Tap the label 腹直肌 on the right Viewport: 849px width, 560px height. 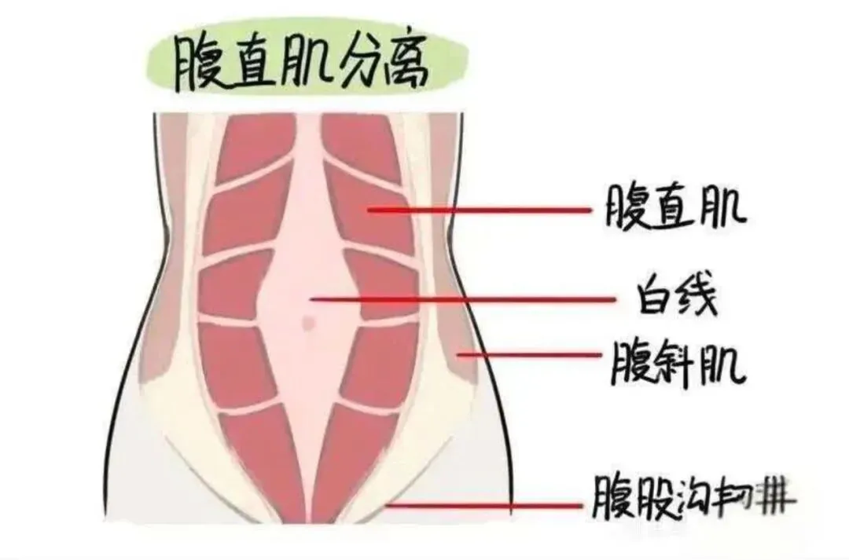[x=674, y=207]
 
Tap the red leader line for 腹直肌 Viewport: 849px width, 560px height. [x=480, y=210]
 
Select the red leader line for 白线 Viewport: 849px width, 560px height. [x=464, y=300]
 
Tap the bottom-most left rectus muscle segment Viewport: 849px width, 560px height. [x=259, y=463]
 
